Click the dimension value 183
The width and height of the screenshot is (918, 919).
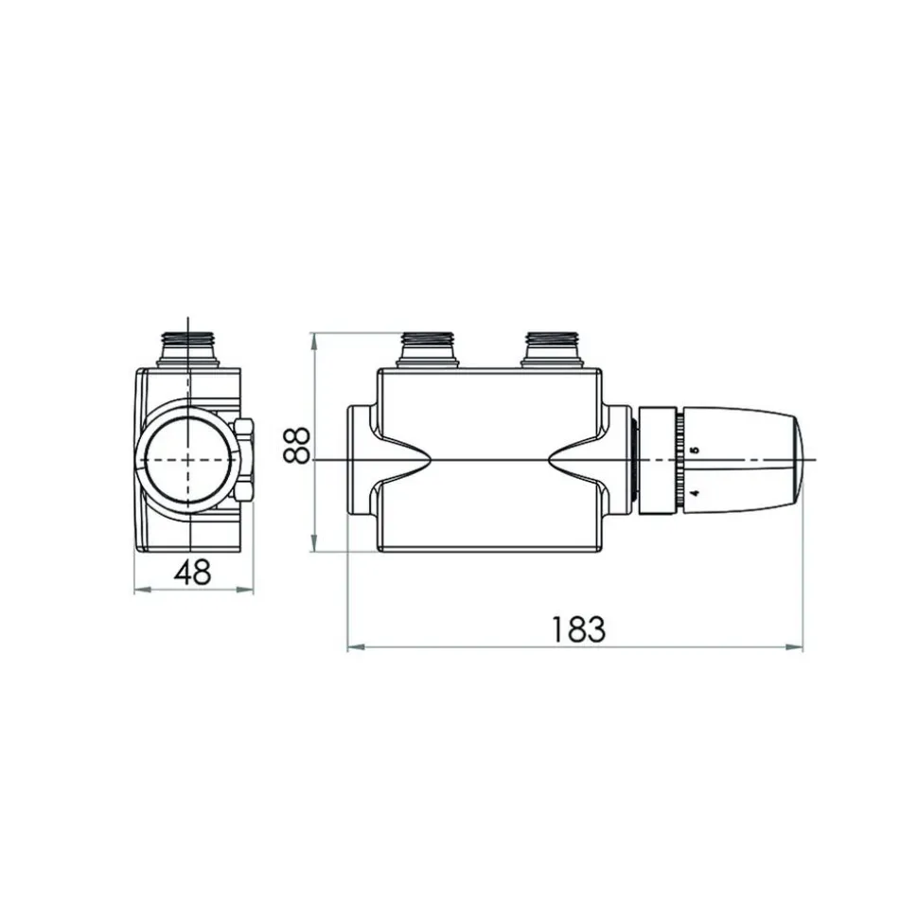pos(578,628)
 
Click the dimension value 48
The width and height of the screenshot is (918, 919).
pos(192,572)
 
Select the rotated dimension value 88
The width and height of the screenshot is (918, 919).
pos(296,445)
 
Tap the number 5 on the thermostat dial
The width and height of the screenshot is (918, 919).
pos(696,451)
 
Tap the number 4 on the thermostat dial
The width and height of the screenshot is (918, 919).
pos(696,493)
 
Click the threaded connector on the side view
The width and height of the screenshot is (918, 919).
pos(188,350)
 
